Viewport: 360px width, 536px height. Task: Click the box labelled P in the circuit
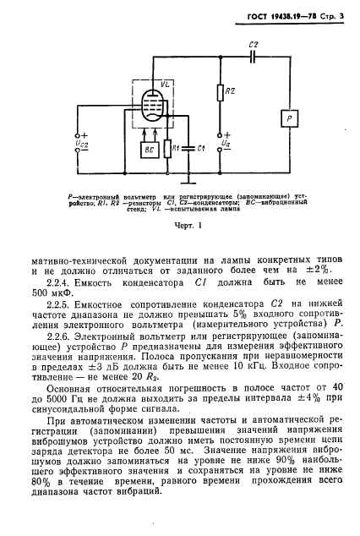[291, 119]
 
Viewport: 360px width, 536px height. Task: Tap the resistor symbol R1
[170, 147]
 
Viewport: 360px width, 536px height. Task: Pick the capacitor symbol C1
[191, 147]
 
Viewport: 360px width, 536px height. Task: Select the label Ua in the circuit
[224, 145]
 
